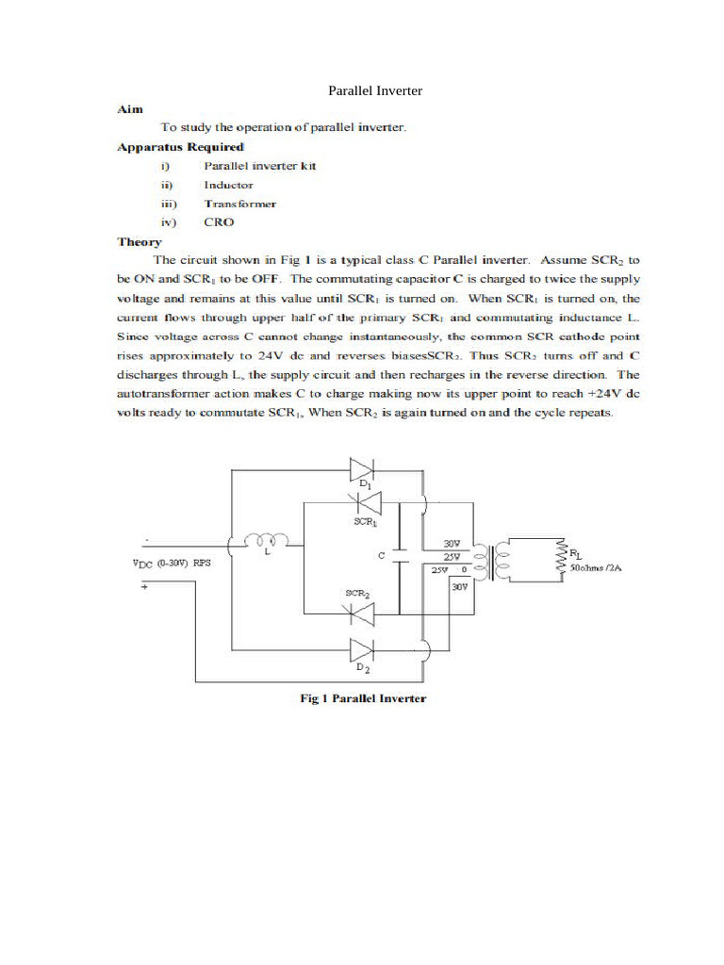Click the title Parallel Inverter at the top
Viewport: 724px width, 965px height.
pos(374,91)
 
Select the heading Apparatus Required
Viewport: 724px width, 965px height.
pos(180,147)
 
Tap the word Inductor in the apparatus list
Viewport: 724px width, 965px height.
pos(228,185)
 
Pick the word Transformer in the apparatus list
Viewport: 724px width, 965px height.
pos(239,204)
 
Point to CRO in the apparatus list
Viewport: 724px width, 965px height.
pos(219,222)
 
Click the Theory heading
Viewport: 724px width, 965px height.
pos(140,241)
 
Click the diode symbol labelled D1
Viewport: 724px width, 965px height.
pos(361,467)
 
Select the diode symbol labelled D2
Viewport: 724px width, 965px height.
pos(361,649)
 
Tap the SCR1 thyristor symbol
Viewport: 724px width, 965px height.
pos(363,503)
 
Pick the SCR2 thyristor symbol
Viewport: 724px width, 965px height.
pos(362,613)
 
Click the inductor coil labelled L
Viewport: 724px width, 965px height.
pos(267,540)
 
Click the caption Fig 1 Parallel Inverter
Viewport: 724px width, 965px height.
pos(362,698)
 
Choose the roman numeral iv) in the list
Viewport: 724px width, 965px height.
pos(169,222)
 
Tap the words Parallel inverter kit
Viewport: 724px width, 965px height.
pos(259,166)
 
